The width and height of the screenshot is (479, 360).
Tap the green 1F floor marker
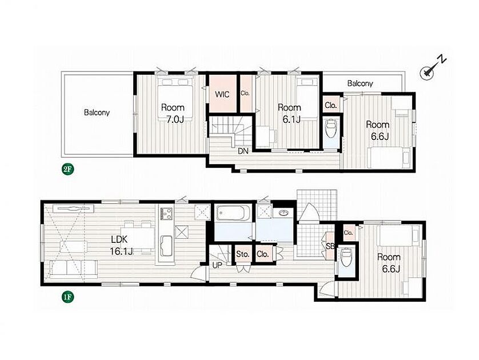click(x=67, y=297)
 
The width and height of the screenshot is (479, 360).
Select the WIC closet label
click(x=222, y=94)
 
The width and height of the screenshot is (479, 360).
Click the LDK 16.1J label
click(x=122, y=246)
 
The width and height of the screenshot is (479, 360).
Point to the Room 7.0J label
click(x=173, y=113)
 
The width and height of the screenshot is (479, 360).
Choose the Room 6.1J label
click(x=289, y=113)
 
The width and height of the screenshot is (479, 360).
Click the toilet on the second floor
click(x=331, y=128)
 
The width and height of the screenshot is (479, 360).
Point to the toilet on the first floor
click(x=346, y=257)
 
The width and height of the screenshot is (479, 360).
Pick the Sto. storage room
click(x=243, y=254)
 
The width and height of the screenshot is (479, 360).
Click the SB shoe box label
click(x=330, y=246)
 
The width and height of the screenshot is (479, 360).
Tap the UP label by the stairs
click(x=217, y=265)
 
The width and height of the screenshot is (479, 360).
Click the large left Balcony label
click(x=97, y=113)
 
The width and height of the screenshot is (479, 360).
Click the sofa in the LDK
click(x=74, y=269)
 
